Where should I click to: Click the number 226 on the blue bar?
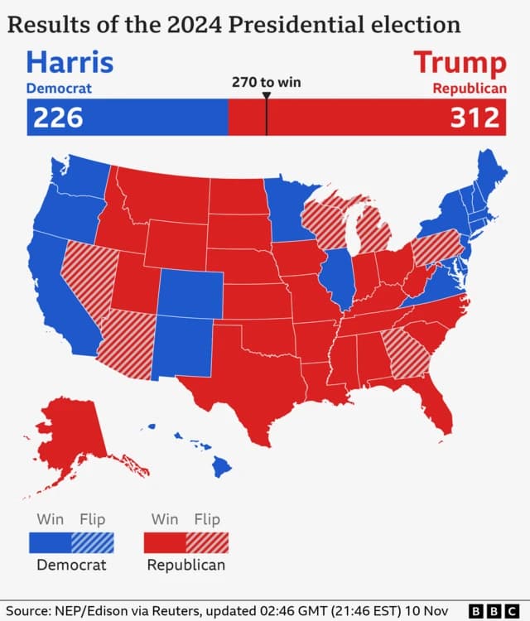coord(58,118)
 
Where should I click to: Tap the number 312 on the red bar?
coord(476,118)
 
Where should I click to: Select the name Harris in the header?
coord(70,63)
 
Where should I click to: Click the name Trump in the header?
coord(460,63)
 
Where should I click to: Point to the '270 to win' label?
coord(266,83)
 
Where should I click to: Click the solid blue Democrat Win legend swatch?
coord(50,542)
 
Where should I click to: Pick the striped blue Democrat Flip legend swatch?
coord(93,542)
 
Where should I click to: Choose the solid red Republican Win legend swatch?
coord(165,542)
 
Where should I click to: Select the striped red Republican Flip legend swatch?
coord(207,542)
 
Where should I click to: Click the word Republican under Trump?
coord(469,89)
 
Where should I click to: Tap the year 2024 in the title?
coord(194,24)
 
